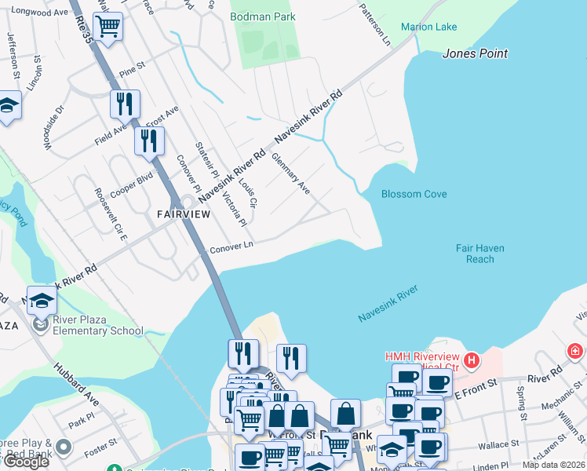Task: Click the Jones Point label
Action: pyautogui.click(x=475, y=53)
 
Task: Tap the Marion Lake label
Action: pyautogui.click(x=428, y=27)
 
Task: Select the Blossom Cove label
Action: pyautogui.click(x=414, y=194)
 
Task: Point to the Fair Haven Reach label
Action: pyautogui.click(x=479, y=254)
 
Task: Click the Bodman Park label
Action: pyautogui.click(x=263, y=16)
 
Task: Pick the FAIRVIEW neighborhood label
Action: pyautogui.click(x=184, y=214)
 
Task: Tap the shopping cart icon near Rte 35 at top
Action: pyautogui.click(x=108, y=27)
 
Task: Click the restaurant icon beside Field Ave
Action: pyautogui.click(x=125, y=104)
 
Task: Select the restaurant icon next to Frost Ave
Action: pyautogui.click(x=148, y=141)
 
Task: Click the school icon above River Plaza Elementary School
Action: pyautogui.click(x=42, y=300)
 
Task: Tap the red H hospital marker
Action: pyautogui.click(x=471, y=361)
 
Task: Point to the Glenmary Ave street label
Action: pyautogui.click(x=290, y=173)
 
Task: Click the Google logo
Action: pyautogui.click(x=26, y=462)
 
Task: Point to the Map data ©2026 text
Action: pyautogui.click(x=553, y=465)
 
